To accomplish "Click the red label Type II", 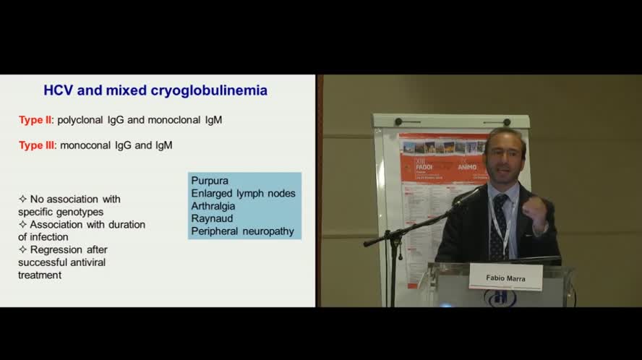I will (x=35, y=120).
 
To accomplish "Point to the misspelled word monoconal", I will (x=86, y=145).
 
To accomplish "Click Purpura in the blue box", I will (x=209, y=181).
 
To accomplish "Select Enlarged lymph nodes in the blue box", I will (x=243, y=194).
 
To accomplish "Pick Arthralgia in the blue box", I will (x=213, y=206).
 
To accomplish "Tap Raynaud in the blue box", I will (x=210, y=219).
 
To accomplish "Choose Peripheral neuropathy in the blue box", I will (x=242, y=231).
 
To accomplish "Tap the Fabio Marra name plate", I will (x=505, y=277).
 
